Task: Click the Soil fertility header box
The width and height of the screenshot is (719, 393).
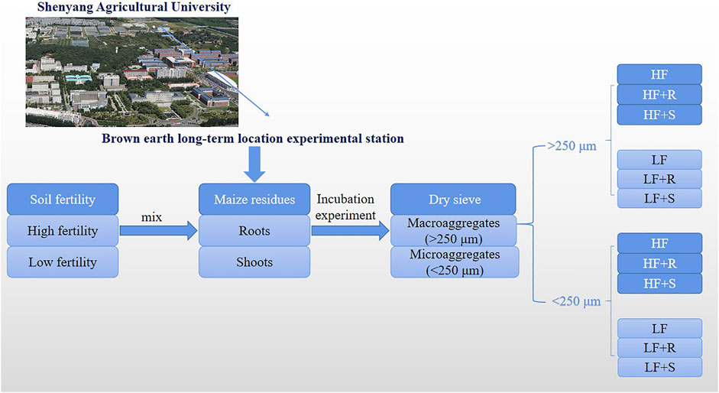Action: tap(63, 200)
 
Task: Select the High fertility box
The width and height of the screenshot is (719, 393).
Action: tap(63, 230)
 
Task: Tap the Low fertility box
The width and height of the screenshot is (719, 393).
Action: tap(63, 261)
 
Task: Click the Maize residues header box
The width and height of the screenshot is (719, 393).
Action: tap(254, 200)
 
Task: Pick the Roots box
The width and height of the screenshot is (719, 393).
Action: tap(254, 230)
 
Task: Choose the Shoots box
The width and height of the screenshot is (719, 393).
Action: tap(254, 261)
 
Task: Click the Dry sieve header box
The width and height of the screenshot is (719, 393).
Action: tap(454, 200)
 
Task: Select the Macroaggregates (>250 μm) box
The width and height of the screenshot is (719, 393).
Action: tap(454, 230)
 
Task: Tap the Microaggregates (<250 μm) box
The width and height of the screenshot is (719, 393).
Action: tap(455, 261)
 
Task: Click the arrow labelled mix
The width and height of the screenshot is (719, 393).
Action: tap(159, 230)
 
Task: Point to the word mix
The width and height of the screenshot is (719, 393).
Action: tap(151, 216)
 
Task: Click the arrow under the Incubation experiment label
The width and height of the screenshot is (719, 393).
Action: tap(350, 230)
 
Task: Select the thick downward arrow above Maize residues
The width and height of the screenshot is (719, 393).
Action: tap(254, 164)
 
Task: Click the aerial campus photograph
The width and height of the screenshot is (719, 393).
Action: tap(132, 72)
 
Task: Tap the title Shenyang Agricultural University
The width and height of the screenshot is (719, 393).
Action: tap(134, 7)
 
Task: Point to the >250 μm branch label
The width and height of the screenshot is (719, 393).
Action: tap(572, 146)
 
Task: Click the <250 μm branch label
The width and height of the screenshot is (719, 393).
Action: tap(576, 301)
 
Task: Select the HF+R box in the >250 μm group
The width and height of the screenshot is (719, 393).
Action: tap(659, 95)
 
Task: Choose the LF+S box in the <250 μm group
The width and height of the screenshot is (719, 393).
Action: tap(660, 367)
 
